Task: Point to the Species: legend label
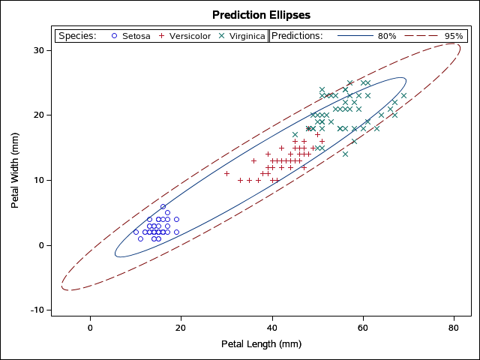click(x=77, y=36)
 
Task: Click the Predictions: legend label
click(x=297, y=36)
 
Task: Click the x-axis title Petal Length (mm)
click(x=261, y=344)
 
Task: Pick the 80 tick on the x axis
click(x=454, y=328)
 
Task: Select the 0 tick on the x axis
click(x=90, y=328)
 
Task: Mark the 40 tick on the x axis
click(x=271, y=328)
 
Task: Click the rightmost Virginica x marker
click(x=403, y=95)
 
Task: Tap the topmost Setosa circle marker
click(x=163, y=206)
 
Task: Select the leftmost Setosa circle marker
click(x=136, y=232)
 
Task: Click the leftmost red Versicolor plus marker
click(x=226, y=173)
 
